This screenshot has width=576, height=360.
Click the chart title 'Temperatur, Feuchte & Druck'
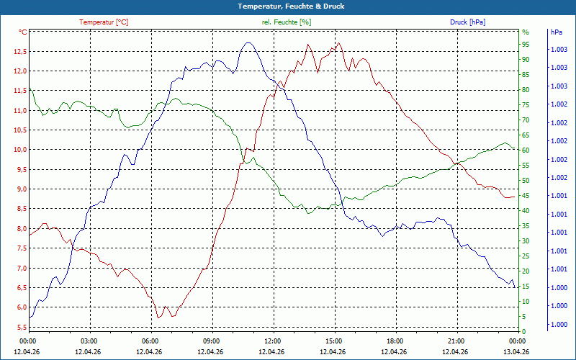[291, 6]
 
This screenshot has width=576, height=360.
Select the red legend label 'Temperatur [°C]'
[104, 22]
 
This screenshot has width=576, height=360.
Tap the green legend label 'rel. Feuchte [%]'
[287, 22]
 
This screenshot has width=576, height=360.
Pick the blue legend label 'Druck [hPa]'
[467, 22]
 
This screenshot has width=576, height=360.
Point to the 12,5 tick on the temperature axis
[20, 51]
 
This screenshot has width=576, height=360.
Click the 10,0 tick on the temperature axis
[20, 150]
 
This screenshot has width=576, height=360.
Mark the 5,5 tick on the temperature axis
[21, 327]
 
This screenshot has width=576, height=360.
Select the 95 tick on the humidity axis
[526, 45]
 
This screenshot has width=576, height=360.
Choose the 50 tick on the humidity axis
[526, 181]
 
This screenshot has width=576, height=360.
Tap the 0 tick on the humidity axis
[524, 331]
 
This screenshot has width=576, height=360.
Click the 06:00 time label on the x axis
[152, 341]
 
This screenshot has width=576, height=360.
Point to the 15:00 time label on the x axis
[335, 341]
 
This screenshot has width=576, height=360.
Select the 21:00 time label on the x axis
[458, 341]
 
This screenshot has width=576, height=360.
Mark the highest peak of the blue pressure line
[248, 42]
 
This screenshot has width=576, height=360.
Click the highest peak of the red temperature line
[338, 42]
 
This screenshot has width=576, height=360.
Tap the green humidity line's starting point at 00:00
[30, 89]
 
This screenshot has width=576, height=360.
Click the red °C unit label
[23, 32]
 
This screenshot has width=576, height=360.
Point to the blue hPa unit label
[556, 32]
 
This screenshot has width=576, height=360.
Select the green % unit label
[526, 32]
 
